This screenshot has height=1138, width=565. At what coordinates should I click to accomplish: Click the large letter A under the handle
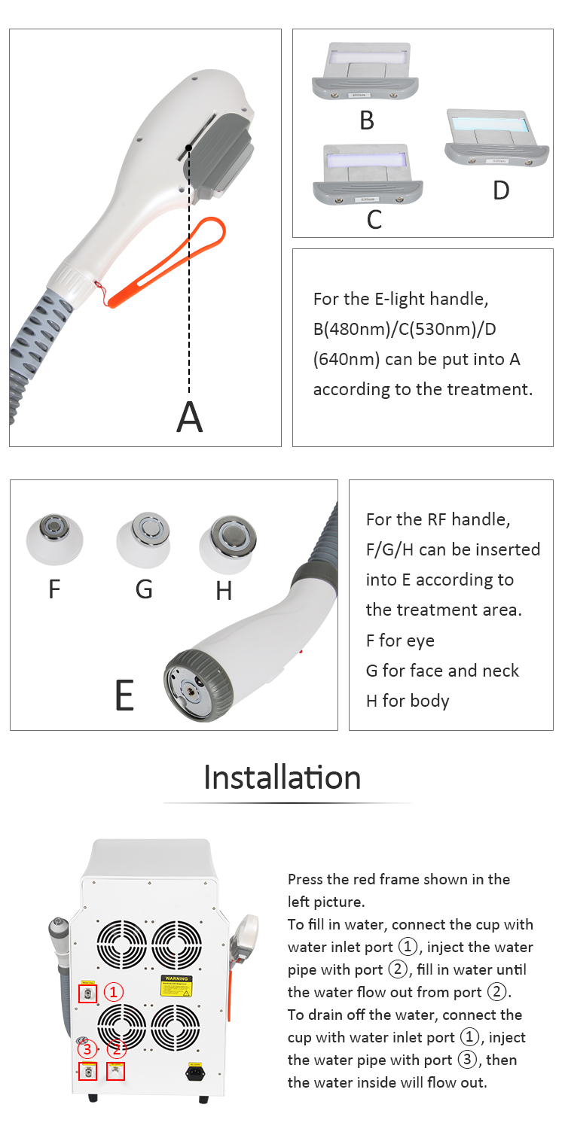click(190, 417)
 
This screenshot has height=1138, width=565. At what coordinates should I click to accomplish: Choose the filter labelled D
click(490, 137)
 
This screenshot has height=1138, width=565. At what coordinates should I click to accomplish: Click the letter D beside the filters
click(501, 190)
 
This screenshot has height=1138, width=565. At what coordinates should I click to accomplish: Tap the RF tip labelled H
click(228, 539)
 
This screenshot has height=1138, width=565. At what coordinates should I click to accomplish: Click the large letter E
click(125, 695)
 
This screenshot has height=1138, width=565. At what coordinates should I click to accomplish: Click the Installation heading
click(282, 777)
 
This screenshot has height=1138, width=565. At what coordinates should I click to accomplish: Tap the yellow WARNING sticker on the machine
click(176, 987)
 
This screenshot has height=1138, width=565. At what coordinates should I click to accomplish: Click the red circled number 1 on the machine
click(113, 992)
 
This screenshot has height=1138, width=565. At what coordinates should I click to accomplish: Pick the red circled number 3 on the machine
click(87, 1048)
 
